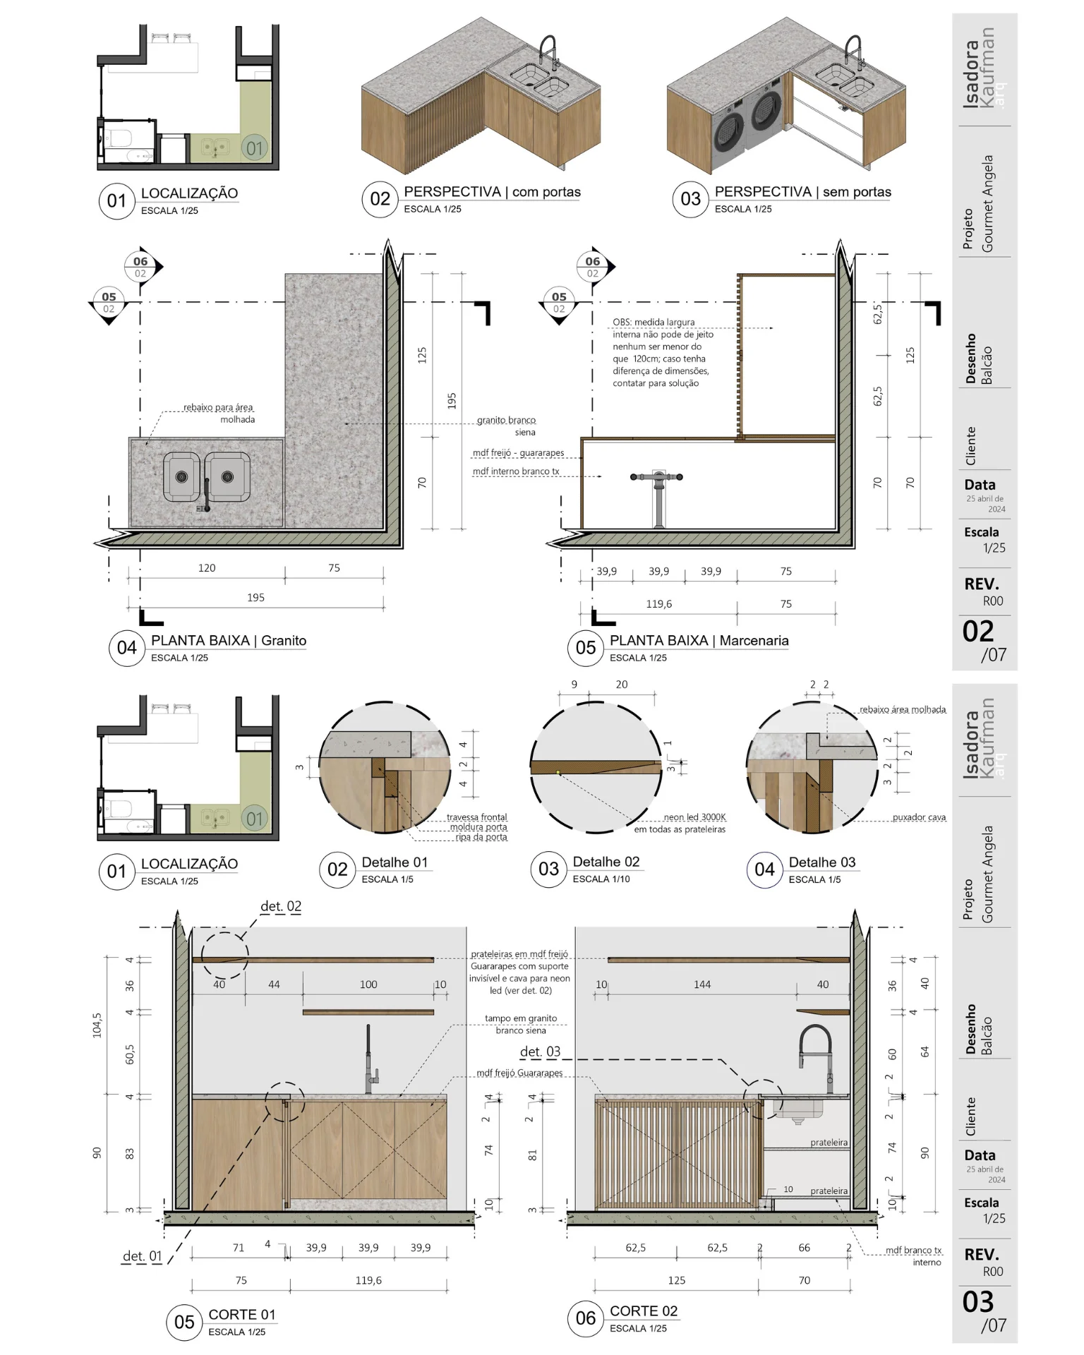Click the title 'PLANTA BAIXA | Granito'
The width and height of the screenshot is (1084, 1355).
[x=229, y=641]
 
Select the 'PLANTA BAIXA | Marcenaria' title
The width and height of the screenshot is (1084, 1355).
[x=699, y=641]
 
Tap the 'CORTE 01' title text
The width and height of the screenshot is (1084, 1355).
[x=242, y=1315]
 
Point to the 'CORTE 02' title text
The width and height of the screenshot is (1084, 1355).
[x=644, y=1311]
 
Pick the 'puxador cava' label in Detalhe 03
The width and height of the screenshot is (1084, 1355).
[x=919, y=817]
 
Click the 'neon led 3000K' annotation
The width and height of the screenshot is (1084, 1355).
[x=694, y=817]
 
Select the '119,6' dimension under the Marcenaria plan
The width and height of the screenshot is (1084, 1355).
[x=659, y=604]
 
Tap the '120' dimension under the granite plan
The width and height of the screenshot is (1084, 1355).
[x=207, y=568]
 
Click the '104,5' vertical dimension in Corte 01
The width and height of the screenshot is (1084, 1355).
[x=97, y=1025]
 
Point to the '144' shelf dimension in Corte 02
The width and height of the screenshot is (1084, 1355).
[x=702, y=984]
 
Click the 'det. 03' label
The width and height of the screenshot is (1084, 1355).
[x=540, y=1052]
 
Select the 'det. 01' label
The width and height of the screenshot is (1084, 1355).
[x=143, y=1256]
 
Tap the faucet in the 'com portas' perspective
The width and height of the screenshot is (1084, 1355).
[x=548, y=52]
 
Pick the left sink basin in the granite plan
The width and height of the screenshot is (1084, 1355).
[x=182, y=477]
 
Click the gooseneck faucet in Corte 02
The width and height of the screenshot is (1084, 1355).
[x=816, y=1054]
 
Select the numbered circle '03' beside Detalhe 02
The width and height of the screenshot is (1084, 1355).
[x=548, y=869]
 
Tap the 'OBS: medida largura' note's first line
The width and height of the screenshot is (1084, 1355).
[x=654, y=323]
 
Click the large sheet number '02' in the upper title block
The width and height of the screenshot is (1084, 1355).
[x=978, y=632]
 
